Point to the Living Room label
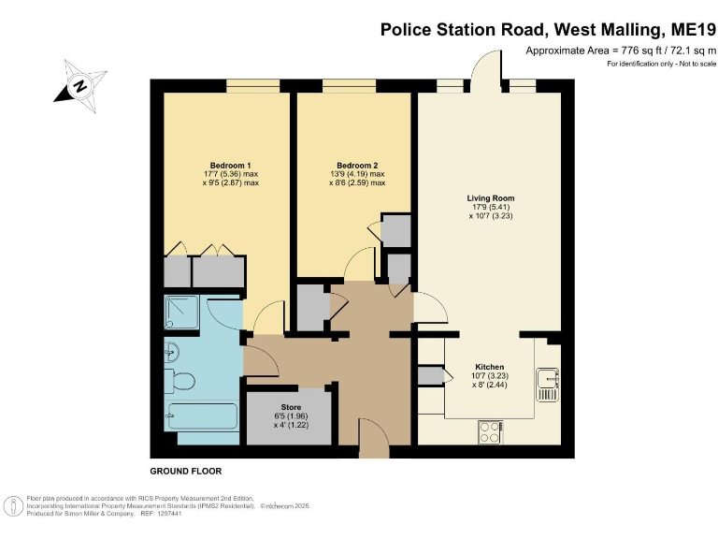point(491,198)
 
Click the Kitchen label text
point(490,367)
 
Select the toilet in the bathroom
point(182,382)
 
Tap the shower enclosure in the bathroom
point(183,315)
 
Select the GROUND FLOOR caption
point(186,471)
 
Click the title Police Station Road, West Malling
point(548,29)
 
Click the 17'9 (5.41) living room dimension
point(491,208)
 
